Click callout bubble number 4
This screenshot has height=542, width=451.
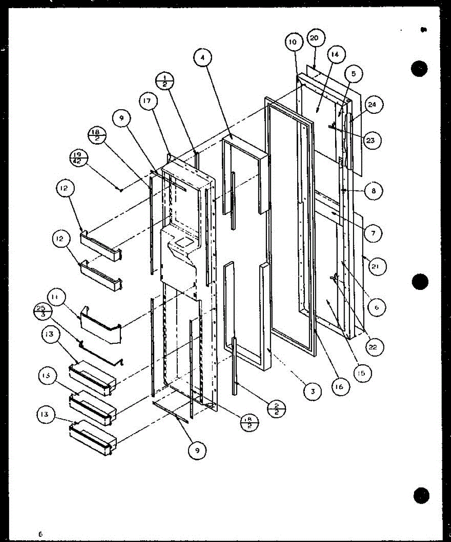tap(203, 58)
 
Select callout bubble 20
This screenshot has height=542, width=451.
tap(314, 38)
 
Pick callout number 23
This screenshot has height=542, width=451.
tap(371, 140)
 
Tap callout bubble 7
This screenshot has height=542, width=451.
tap(373, 233)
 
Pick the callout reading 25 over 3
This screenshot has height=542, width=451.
tap(41, 311)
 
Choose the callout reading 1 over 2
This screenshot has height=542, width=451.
tap(164, 82)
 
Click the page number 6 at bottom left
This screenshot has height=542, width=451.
tap(40, 534)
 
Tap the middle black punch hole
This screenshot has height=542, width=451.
tap(419, 282)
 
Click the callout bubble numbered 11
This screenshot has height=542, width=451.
tap(64, 299)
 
